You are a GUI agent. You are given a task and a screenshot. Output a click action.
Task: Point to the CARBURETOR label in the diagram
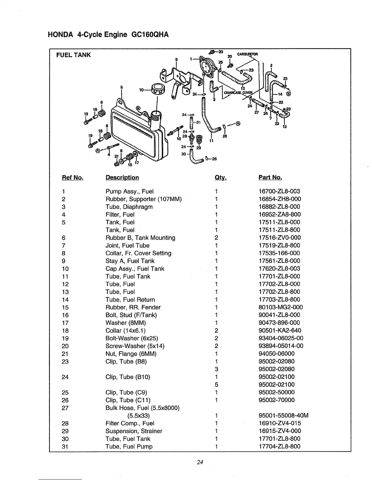(247, 54)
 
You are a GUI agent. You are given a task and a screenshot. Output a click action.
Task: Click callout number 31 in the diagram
(198, 122)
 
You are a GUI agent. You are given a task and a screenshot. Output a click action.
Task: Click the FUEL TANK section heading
(74, 55)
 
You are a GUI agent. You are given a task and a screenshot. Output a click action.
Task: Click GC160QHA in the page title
(150, 35)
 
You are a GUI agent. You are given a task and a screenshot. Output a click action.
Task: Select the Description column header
(122, 178)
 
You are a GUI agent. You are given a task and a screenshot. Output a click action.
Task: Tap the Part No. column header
(270, 178)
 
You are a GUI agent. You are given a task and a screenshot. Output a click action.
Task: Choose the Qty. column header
(220, 178)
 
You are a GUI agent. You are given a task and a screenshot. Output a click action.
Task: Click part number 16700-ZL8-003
(279, 191)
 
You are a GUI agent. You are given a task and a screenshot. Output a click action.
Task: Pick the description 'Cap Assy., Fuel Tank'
(135, 269)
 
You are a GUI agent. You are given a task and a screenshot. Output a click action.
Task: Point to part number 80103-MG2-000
(281, 307)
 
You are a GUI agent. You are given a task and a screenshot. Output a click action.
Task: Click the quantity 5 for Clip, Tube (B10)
(216, 385)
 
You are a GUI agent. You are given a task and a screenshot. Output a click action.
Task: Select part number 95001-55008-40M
(283, 416)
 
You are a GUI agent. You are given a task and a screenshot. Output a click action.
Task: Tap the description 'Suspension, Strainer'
(134, 431)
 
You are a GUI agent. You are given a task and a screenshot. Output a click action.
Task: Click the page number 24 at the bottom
(200, 463)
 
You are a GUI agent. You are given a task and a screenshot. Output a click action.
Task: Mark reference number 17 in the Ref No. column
(65, 323)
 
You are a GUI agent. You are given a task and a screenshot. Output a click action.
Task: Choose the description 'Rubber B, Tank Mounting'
(140, 238)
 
